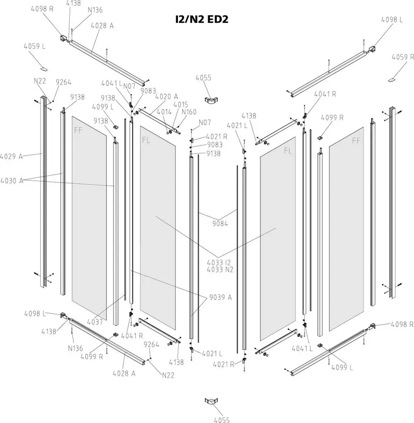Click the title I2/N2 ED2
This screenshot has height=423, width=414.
click(201, 19)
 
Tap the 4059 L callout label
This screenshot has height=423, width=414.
click(35, 46)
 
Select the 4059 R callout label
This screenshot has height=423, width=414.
click(403, 57)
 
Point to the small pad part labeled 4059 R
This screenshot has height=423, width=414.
click(392, 80)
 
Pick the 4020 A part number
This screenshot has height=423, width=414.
click(167, 97)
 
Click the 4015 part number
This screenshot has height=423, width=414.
click(181, 105)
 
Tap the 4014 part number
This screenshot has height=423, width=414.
click(164, 112)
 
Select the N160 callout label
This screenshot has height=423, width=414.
click(189, 112)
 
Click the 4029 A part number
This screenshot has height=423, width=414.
click(11, 157)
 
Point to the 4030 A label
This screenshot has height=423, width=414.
click(12, 181)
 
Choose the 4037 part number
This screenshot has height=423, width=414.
click(95, 321)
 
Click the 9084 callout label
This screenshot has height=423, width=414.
click(220, 223)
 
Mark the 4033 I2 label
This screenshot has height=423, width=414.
click(219, 262)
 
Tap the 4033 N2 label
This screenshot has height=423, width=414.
click(220, 269)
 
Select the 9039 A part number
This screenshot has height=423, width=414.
click(221, 297)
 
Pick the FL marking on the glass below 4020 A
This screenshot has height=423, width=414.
click(146, 140)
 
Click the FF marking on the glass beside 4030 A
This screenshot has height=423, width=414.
click(78, 131)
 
